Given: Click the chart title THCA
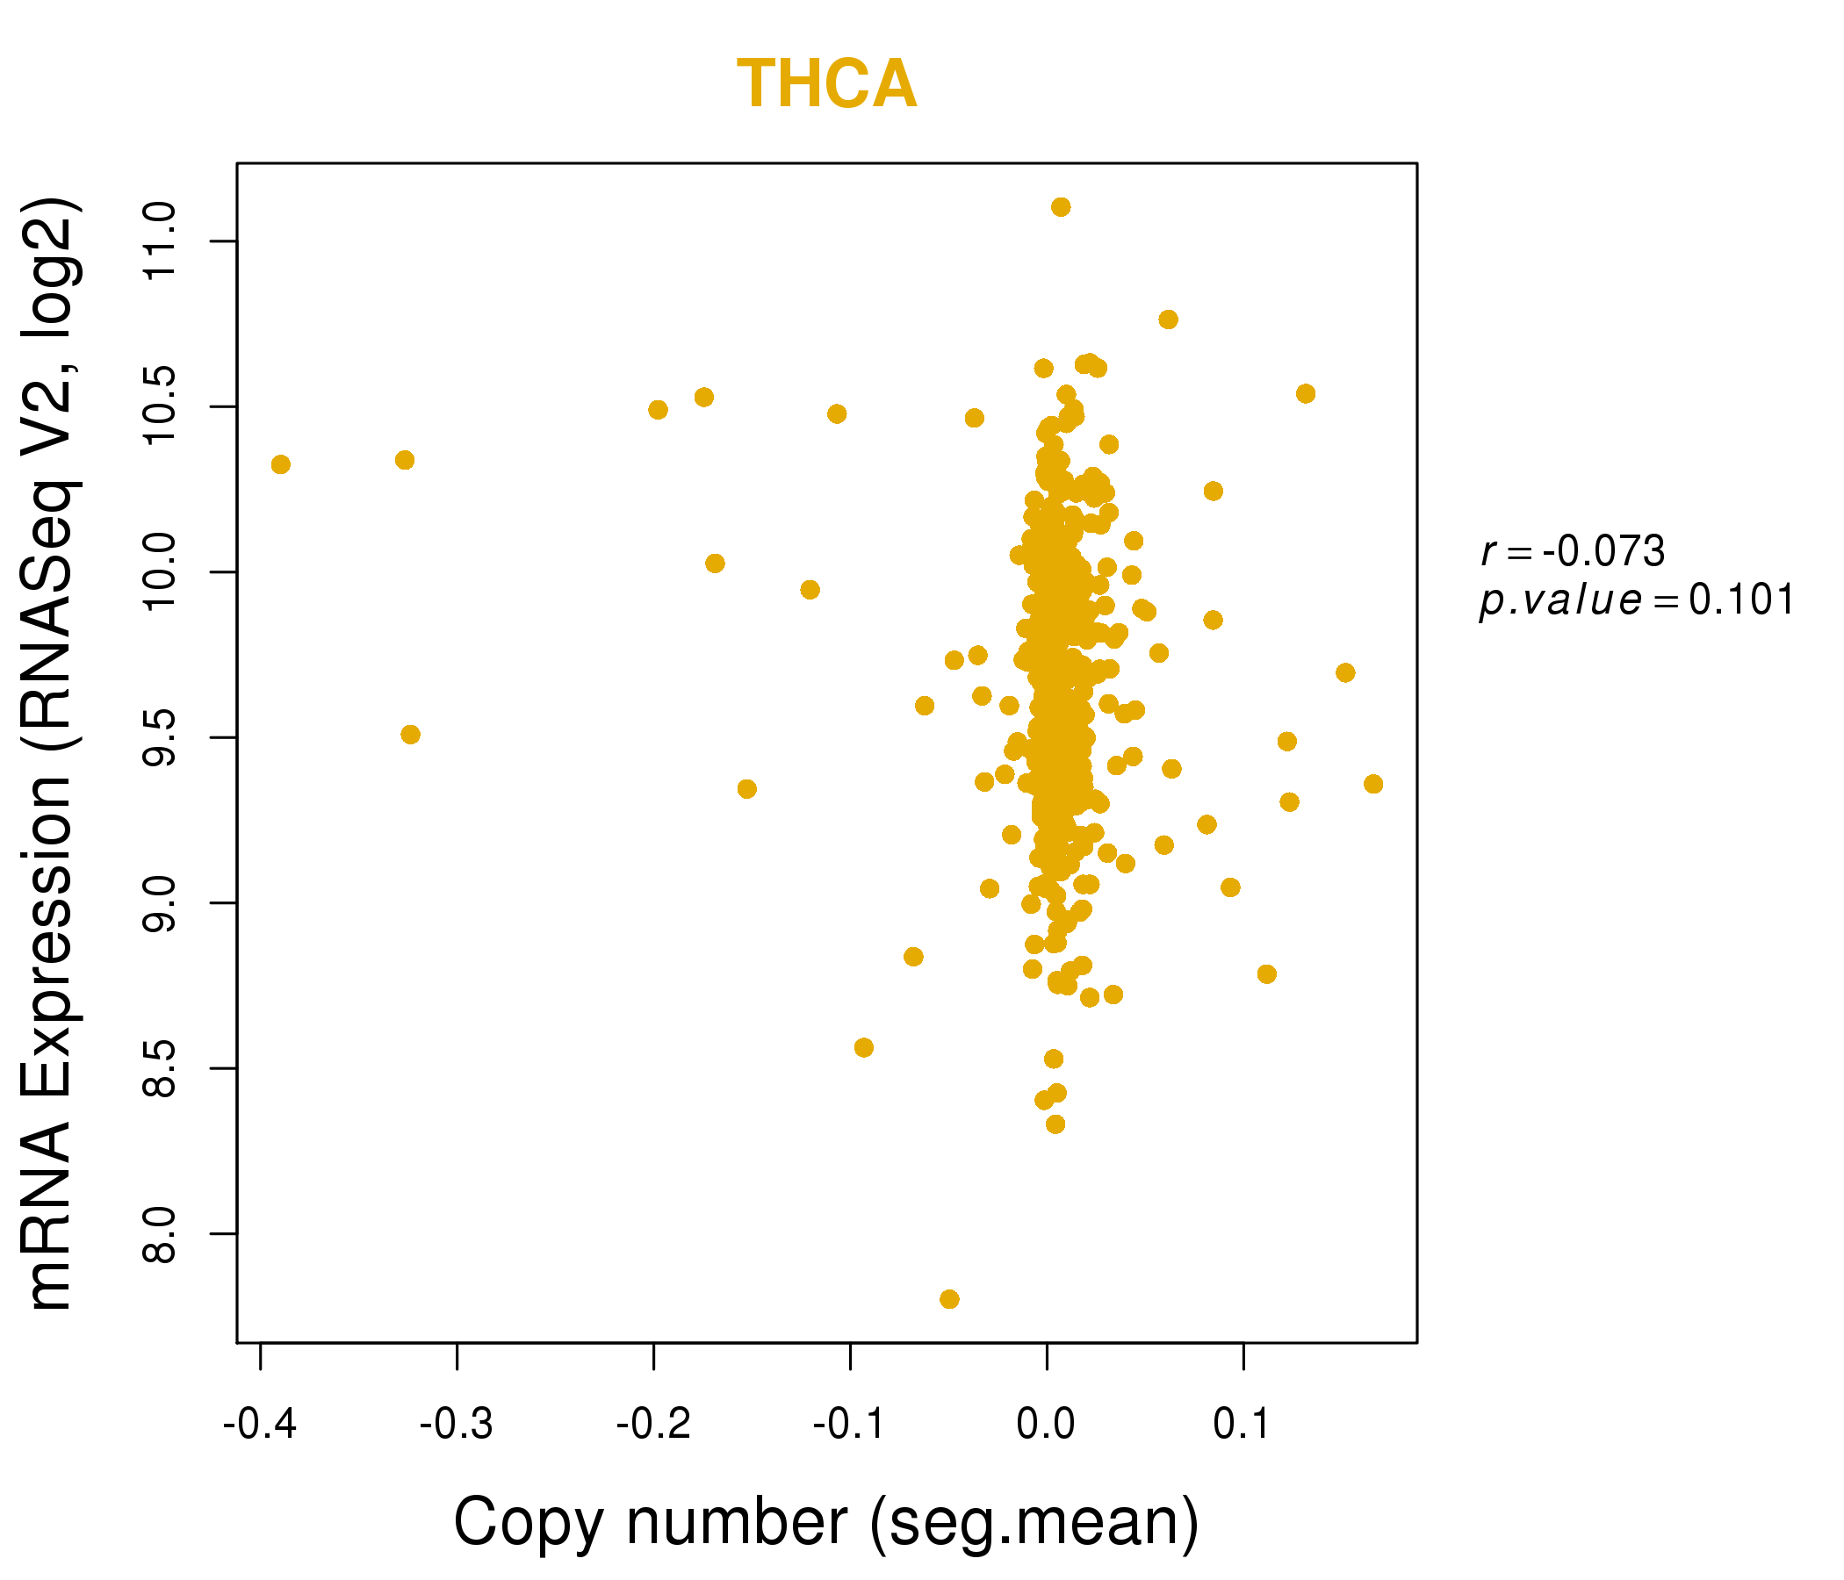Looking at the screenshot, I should pos(827,84).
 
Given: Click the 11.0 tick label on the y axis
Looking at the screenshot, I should pos(162,241).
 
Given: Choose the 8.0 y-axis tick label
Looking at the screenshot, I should pos(162,1233).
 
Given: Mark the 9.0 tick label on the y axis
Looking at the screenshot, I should pos(162,903).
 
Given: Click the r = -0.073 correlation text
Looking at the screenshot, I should pos(1573,552).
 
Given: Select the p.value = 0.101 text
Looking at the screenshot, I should pos(1637,600).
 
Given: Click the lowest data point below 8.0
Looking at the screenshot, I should pos(949,1299).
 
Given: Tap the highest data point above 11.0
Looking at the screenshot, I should pos(1061,207).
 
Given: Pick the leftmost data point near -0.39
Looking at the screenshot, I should pos(281,464).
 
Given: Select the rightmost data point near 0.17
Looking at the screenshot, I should pos(1373,784).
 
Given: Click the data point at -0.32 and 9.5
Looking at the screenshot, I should pos(410,735).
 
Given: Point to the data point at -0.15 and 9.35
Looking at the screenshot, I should pos(747,789).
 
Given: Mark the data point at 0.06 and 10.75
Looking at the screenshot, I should pos(1169,320).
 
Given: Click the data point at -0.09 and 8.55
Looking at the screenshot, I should pos(864,1047).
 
